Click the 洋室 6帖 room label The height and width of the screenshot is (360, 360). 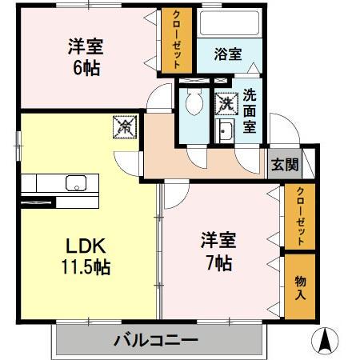pos(84,56)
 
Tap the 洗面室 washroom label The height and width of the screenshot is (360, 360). pos(250,110)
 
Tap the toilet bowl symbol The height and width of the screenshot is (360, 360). pos(194,102)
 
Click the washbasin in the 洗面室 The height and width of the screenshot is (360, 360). pos(225,133)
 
